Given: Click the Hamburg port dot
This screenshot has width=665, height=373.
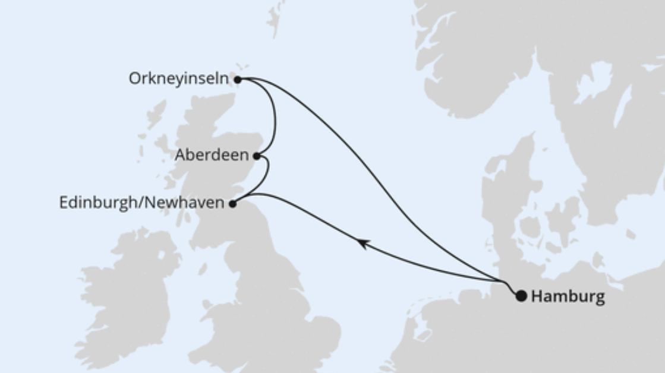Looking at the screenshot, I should coord(521,296).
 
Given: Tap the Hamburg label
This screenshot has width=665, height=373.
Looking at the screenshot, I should coord(568,296).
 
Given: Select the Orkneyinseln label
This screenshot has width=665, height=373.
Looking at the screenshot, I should coord(179,79).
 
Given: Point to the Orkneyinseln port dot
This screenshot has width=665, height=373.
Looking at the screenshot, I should coord(237,79).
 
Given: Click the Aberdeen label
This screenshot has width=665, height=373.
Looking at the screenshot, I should coord(212,156).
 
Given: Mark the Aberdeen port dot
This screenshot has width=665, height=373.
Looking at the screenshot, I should coord(256,156).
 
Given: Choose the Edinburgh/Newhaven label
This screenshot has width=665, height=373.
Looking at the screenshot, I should coord(141,203).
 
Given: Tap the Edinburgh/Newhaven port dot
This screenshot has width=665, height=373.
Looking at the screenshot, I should coord(232,204).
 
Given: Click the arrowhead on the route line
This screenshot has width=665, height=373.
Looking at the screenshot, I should coord(362,243).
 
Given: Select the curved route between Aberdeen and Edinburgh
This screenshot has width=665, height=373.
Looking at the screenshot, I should coord(267,172).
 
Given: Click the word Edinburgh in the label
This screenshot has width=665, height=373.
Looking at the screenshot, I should coord(97,203).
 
